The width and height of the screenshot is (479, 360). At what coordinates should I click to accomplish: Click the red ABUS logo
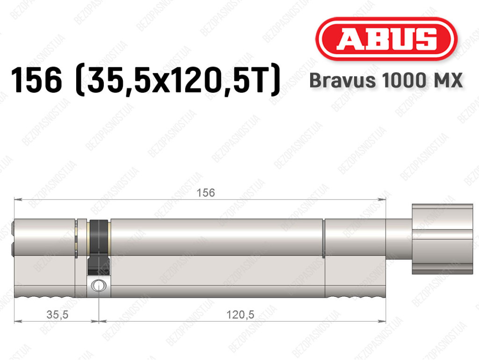(x=386, y=39)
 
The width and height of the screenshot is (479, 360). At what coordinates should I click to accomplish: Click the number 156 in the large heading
(x=36, y=80)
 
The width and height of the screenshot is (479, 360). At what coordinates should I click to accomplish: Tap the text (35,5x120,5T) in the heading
(x=178, y=80)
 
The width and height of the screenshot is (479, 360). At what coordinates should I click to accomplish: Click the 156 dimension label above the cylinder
(x=206, y=192)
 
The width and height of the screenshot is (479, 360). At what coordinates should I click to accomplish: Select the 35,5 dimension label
(x=57, y=315)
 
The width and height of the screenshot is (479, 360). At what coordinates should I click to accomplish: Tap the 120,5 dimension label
(x=240, y=315)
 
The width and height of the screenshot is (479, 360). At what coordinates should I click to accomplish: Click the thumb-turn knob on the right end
(x=443, y=239)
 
